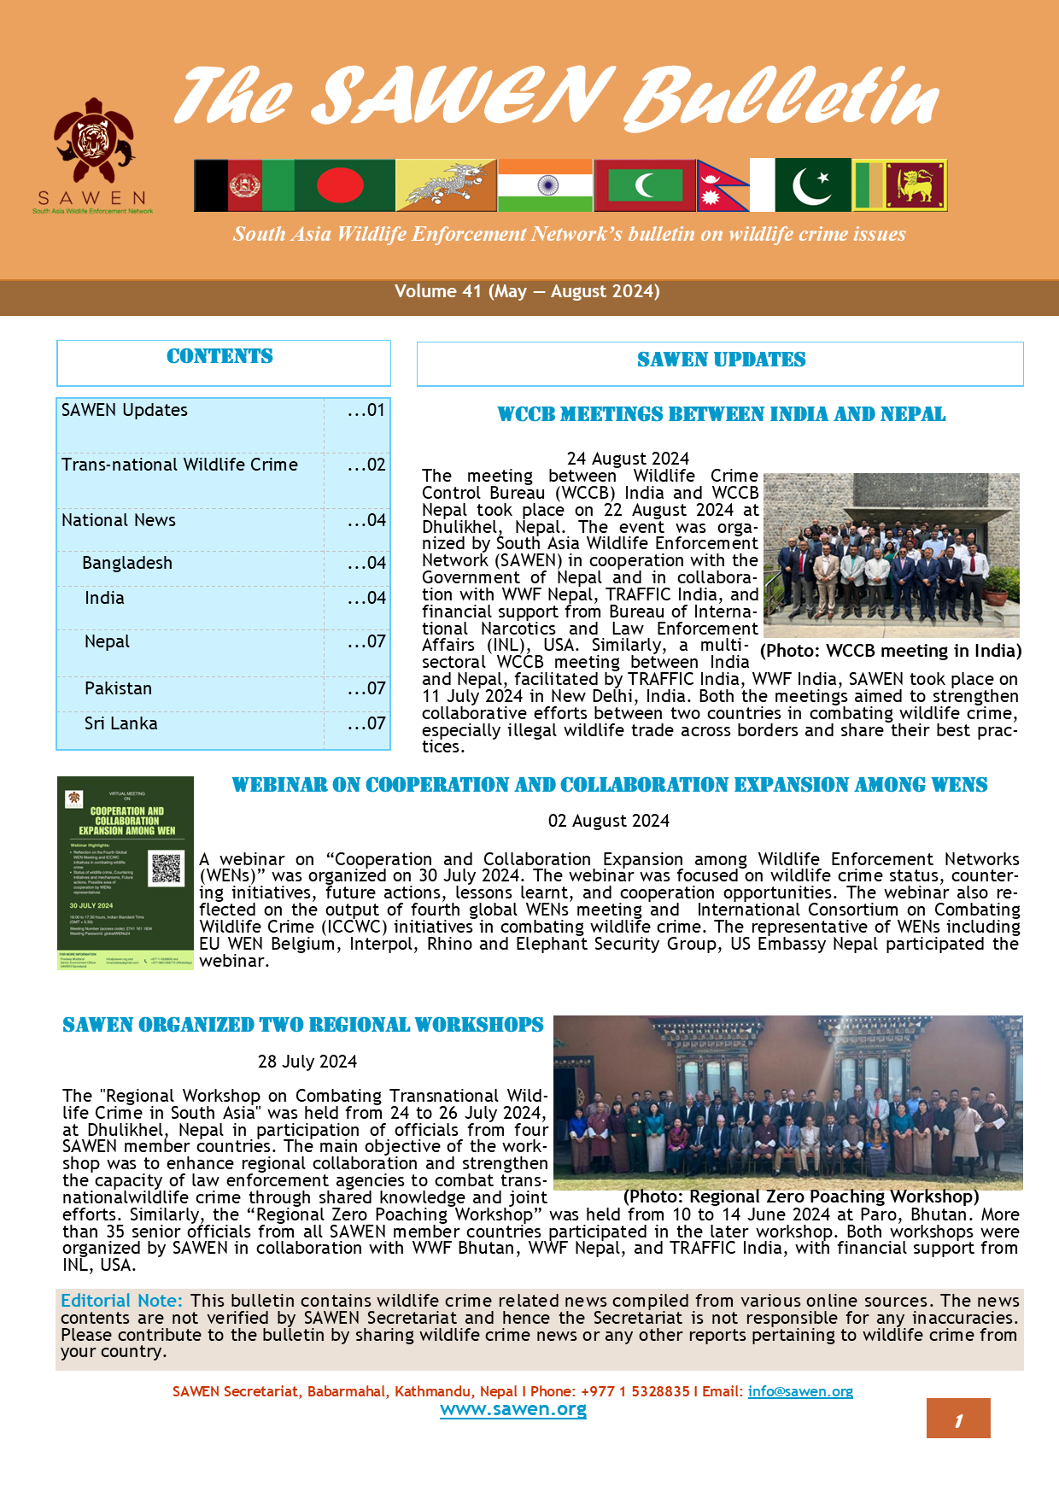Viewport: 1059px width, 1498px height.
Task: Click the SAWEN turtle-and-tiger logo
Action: coord(93,142)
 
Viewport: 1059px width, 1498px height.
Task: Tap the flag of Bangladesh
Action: coord(344,184)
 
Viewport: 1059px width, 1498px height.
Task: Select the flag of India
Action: coord(545,184)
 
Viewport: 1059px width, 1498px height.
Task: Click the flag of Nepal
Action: coord(721,184)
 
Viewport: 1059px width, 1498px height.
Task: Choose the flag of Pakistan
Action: coord(812,184)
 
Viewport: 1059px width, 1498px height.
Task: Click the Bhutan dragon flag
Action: coord(446,184)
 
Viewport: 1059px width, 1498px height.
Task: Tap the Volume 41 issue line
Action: coord(527,291)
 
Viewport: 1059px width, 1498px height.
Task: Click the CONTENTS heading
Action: coord(219,357)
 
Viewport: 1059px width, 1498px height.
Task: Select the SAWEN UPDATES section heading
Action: coord(721,360)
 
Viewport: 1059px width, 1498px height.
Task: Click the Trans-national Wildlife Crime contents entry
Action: coord(179,465)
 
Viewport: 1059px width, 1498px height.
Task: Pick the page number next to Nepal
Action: coord(367,641)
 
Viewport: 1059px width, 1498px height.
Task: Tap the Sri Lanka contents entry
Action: coord(120,723)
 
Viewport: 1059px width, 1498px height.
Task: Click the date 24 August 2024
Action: coord(628,459)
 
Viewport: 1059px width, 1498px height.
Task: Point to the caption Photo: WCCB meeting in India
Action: coord(891,651)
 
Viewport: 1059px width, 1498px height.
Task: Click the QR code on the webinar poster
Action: coord(166,868)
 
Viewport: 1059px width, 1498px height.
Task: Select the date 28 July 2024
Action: coord(307,1062)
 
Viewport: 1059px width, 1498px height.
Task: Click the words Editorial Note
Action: coord(121,1301)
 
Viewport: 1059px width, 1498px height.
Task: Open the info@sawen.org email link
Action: coord(800,1391)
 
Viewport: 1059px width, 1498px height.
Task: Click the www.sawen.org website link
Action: coord(513,1410)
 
